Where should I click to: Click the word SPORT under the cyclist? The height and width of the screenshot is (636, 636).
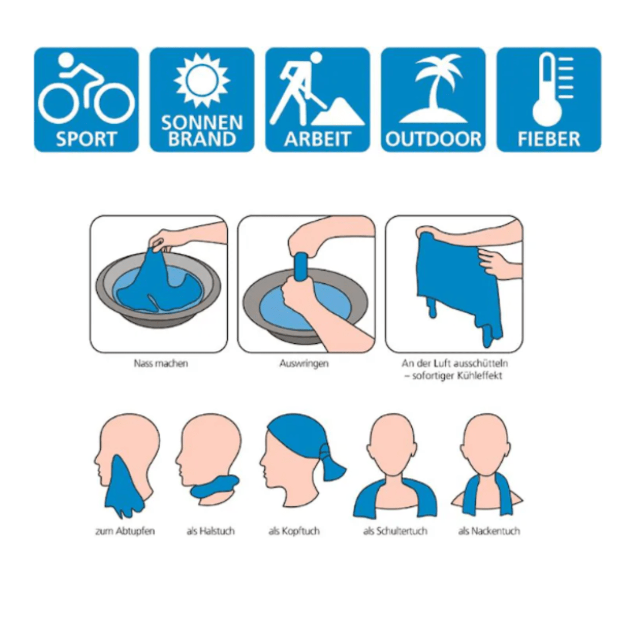click(x=86, y=139)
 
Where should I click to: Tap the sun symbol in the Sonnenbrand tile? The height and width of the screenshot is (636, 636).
click(x=202, y=80)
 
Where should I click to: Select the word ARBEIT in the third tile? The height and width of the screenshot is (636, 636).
click(x=317, y=139)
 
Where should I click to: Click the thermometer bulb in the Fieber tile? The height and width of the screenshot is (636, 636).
click(x=547, y=111)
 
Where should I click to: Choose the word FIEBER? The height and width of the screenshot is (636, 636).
click(x=549, y=139)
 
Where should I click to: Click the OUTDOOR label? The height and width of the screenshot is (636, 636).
click(x=433, y=139)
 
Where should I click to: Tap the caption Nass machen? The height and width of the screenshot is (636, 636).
click(x=161, y=363)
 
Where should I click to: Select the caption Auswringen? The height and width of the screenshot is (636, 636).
click(x=304, y=363)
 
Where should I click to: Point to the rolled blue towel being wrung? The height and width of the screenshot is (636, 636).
click(x=301, y=269)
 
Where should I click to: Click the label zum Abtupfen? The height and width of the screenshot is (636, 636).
click(x=125, y=531)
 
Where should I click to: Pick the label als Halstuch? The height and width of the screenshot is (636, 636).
click(x=210, y=531)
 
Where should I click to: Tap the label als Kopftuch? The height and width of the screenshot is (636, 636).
click(x=294, y=531)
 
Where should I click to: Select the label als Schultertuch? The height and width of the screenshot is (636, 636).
click(x=395, y=531)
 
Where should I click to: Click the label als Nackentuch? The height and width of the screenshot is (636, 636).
click(x=489, y=531)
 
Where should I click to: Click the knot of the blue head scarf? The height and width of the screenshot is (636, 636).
click(x=326, y=451)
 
